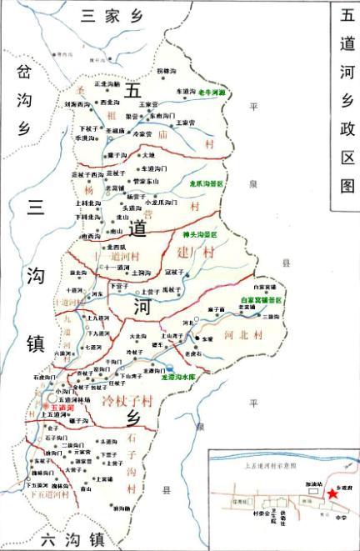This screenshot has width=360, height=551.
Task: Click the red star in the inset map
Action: [332, 493]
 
